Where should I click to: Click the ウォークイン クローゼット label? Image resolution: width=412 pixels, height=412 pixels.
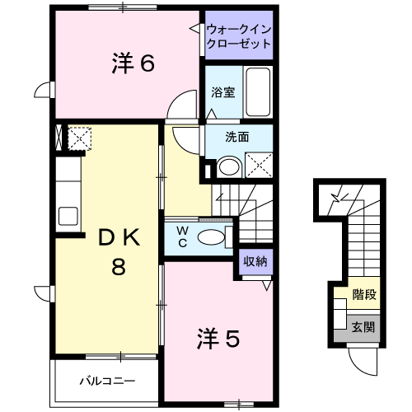[239, 35]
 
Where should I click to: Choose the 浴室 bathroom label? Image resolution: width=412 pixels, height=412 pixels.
[222, 92]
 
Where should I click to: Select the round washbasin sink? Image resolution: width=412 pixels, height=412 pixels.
[229, 167]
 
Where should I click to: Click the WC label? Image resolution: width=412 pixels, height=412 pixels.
[181, 237]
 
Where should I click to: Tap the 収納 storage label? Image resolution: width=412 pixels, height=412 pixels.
[255, 262]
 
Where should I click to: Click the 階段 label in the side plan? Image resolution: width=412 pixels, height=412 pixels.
[363, 293]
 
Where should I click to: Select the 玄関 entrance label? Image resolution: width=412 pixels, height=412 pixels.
[363, 326]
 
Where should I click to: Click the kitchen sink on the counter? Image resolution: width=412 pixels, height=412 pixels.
[67, 218]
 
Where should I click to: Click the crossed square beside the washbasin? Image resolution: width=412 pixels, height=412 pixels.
[259, 166]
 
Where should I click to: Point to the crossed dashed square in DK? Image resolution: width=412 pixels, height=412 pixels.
[79, 138]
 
